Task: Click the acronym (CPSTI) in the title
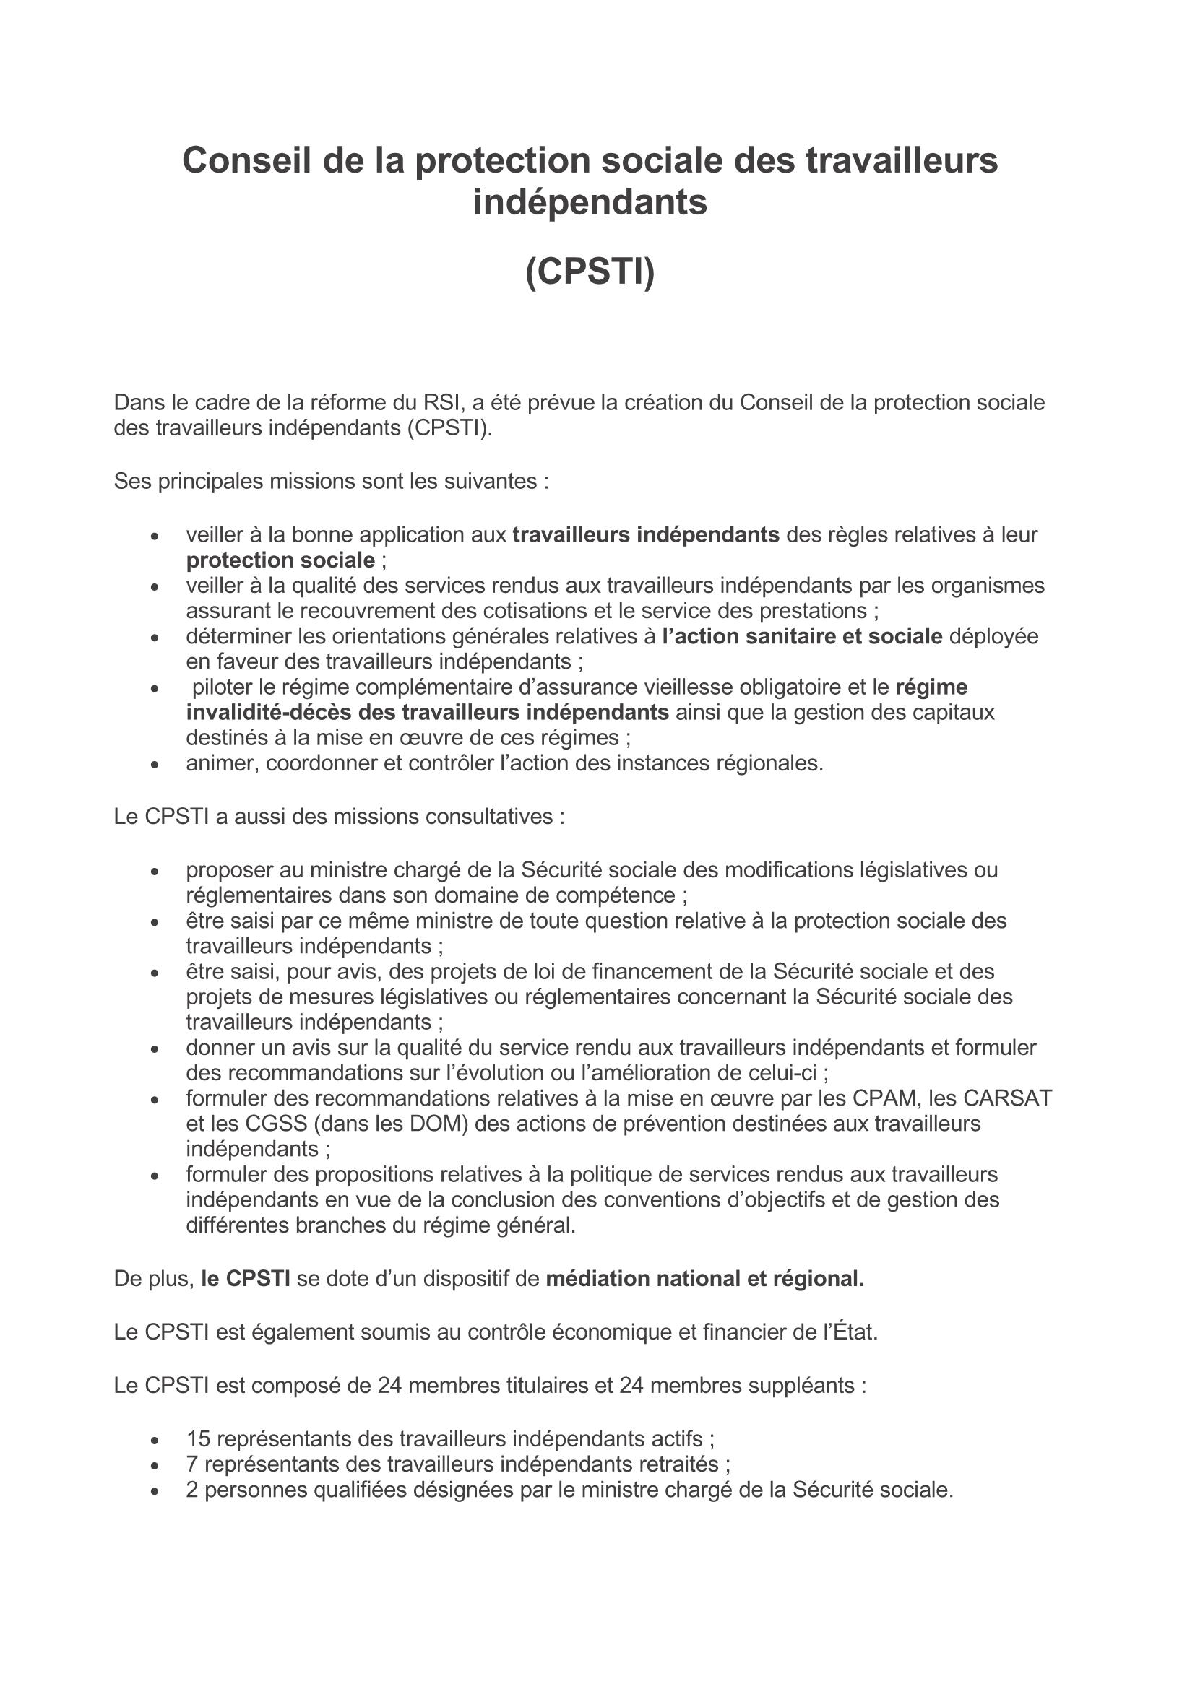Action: pos(590,272)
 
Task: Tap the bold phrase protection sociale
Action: pos(280,560)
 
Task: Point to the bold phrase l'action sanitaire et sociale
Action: pos(802,635)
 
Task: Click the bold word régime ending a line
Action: pos(931,686)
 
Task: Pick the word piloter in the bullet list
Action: pos(225,686)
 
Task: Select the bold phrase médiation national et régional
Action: pos(704,1279)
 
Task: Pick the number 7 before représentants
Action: pos(192,1464)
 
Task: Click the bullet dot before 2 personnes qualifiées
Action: pos(155,1490)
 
